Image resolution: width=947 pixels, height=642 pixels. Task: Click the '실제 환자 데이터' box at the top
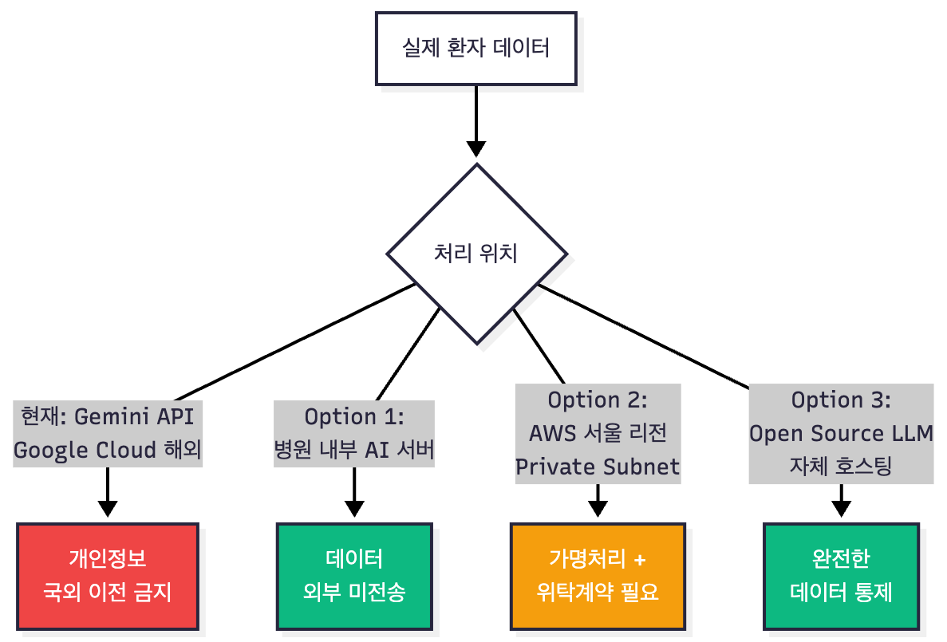476,49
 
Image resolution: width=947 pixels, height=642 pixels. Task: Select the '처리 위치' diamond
476,254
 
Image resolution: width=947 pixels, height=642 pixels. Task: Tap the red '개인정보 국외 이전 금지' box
107,575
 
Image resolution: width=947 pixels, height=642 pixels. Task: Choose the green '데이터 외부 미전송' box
354,575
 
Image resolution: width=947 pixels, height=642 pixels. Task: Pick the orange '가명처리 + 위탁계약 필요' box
598,575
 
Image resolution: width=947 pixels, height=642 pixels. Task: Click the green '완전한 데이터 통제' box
841,575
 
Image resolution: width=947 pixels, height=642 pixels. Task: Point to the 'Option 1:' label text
354,416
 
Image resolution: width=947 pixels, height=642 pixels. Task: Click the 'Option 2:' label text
598,399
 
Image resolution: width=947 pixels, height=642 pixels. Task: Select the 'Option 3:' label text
841,399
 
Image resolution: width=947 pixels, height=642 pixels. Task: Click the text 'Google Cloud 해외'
107,451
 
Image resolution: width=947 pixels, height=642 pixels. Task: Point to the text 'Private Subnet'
598,467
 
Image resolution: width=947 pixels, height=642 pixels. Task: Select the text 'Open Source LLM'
841,433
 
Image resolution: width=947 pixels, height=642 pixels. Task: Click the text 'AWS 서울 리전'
598,433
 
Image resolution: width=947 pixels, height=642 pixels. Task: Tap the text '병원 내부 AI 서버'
354,451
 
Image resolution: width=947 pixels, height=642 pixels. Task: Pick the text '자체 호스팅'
841,467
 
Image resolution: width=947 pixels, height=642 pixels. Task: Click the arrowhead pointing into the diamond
476,149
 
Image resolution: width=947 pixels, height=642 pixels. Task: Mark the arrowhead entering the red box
107,509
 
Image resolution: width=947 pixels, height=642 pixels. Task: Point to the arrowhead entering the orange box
598,509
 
